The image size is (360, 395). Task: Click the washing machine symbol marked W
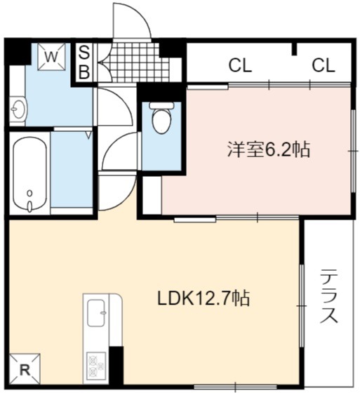pos(52,57)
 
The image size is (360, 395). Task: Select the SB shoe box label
pos(84,63)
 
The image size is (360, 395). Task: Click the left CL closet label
pos(240,65)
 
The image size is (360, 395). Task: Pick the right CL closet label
pos(324,65)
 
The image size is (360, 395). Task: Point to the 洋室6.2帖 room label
pos(269,149)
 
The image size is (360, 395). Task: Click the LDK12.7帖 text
pos(204,298)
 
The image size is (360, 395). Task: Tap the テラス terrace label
pos(328,297)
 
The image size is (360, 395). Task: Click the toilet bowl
pos(161,121)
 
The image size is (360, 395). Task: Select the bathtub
pos(29,173)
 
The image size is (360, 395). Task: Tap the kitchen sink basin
pos(96,313)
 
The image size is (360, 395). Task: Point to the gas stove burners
pos(96,367)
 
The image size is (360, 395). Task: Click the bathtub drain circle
pos(30,194)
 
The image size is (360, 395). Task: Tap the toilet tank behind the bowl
pos(161,105)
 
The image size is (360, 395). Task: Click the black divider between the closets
pos(294,49)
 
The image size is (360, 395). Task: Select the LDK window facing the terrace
pos(302,306)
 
